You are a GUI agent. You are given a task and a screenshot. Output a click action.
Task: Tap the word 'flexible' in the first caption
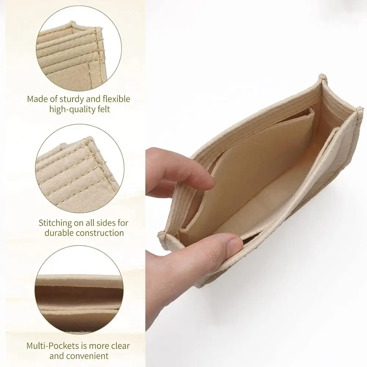tap(116, 99)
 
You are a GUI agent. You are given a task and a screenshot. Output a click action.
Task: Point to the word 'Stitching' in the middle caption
tap(55, 223)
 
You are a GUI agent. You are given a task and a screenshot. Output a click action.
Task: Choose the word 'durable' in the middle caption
tap(59, 233)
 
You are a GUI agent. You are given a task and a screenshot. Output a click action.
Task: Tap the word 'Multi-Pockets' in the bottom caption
tap(50, 346)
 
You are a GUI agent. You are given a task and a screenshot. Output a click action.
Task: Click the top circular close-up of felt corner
tap(79, 48)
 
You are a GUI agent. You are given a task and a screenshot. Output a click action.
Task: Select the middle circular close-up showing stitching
tap(80, 168)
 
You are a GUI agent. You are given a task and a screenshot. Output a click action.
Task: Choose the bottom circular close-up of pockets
tap(79, 290)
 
